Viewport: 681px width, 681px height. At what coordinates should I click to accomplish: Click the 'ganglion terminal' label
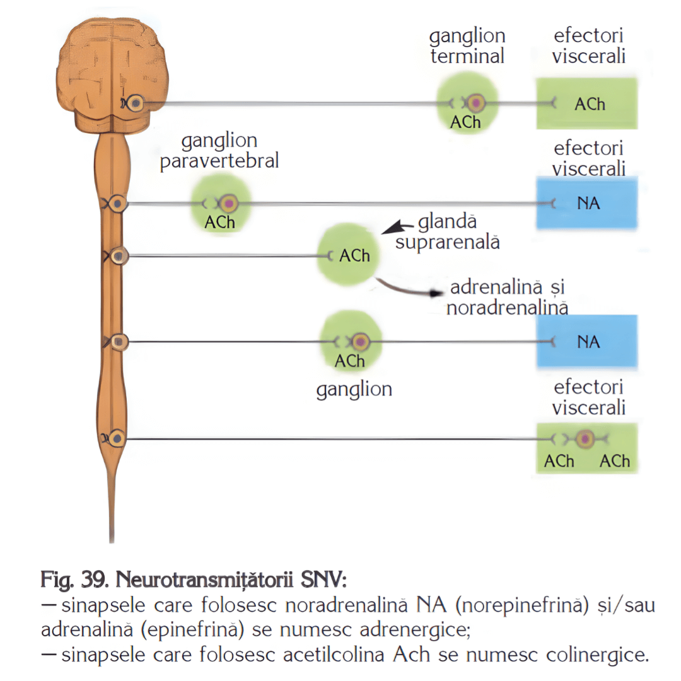pos(467,46)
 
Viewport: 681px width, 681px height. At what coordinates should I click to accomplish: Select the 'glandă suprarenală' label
pos(448,232)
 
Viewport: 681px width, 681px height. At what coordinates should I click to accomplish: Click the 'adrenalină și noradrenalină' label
pos(507,298)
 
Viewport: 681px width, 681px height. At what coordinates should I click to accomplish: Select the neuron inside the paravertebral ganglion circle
pos(229,203)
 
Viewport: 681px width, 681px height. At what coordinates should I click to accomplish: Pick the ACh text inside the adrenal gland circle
pos(354,255)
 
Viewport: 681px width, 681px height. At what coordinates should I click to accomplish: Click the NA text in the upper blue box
pos(588,204)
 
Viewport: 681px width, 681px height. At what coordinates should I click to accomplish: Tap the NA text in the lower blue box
pos(588,342)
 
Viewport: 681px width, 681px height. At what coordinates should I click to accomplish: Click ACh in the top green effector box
pos(590,104)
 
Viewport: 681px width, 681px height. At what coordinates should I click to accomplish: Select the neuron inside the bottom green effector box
pos(586,438)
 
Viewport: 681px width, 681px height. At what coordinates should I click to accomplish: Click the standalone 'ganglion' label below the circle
pos(354,390)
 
